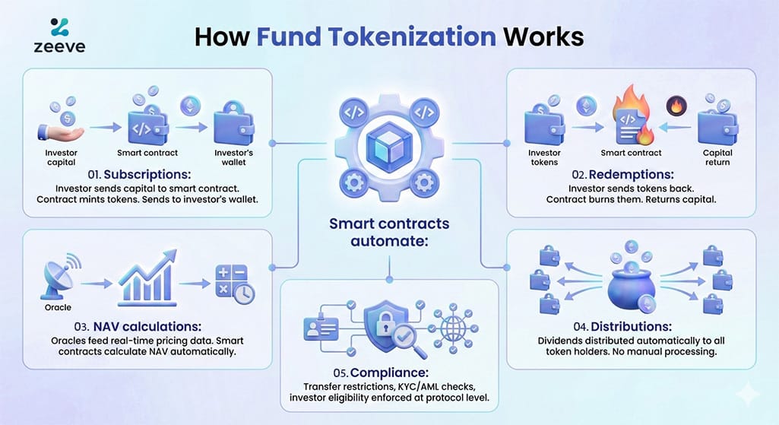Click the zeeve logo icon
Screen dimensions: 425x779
point(59,27)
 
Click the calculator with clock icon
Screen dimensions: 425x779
point(233,283)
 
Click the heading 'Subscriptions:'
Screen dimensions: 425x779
point(149,174)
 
